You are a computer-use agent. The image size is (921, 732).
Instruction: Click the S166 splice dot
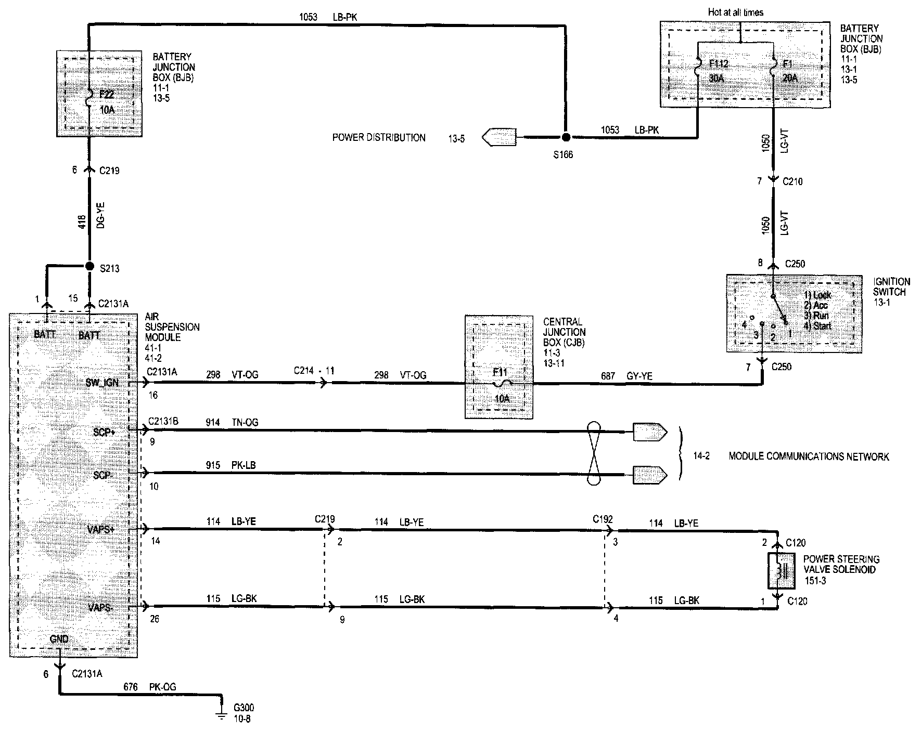566,137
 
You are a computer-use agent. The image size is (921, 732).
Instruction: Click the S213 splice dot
89,266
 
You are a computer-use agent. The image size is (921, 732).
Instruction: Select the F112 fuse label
719,64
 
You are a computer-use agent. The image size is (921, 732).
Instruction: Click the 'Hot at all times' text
735,12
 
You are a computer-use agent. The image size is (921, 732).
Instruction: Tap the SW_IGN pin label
102,383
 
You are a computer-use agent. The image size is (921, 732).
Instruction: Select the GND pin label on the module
59,638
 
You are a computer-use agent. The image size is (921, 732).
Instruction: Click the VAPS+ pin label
101,529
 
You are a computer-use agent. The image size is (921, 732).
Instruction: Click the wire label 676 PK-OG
150,687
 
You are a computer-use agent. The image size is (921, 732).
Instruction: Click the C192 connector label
603,519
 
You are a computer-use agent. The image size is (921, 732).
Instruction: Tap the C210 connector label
792,181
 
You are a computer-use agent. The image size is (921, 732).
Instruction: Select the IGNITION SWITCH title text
891,286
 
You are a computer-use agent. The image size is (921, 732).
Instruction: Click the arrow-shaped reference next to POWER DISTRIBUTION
499,137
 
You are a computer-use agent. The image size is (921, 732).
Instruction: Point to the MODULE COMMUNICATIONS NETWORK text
808,456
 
